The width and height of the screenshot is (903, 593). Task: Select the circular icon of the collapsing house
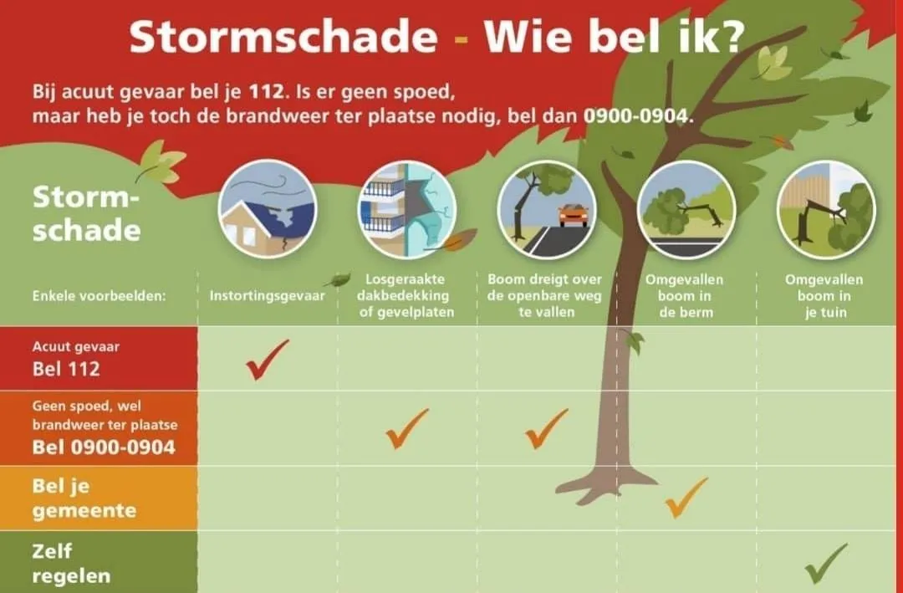pos(268,208)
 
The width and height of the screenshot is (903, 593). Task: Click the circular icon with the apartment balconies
pos(407,208)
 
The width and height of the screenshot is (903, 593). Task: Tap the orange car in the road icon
pos(573,215)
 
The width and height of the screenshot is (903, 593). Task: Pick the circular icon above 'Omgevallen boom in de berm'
pos(686,208)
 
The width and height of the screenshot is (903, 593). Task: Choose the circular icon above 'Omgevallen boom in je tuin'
pos(826,208)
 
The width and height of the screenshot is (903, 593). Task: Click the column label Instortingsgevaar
pos(267,295)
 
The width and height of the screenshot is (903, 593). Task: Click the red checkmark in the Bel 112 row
pos(268,359)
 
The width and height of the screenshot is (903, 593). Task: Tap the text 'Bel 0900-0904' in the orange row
pos(104,447)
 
